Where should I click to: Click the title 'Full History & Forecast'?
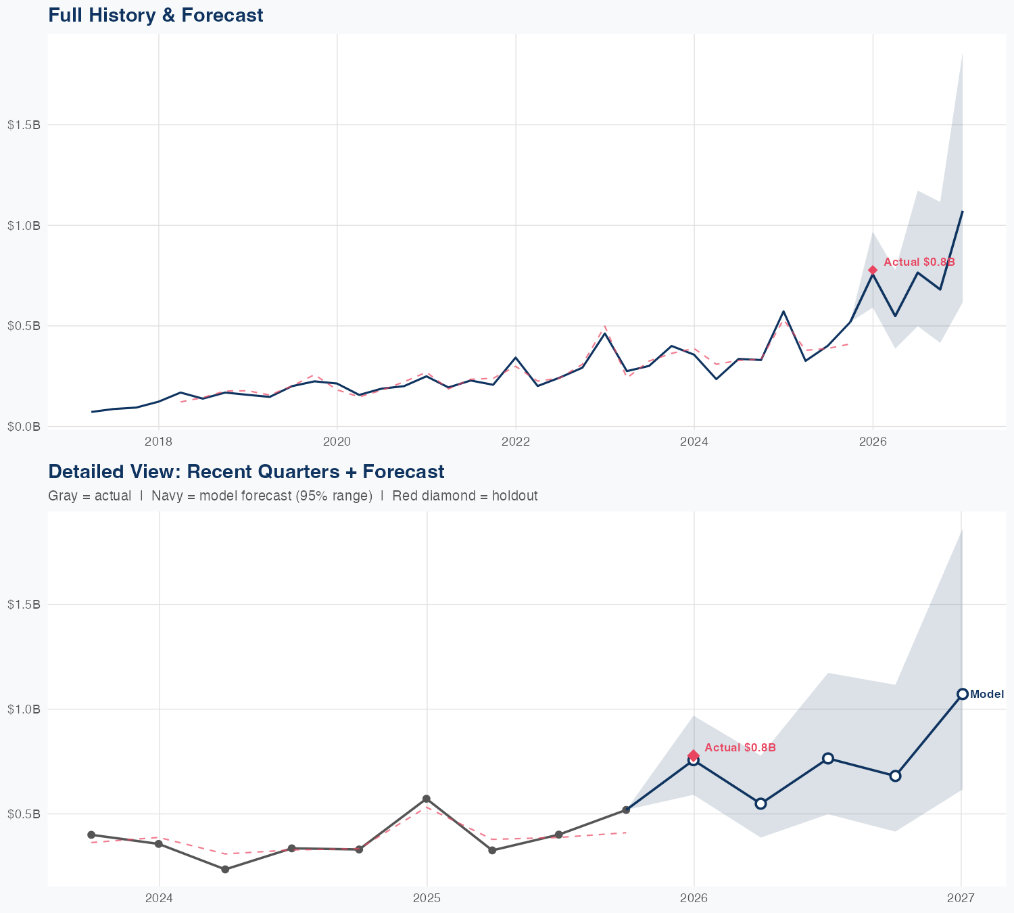155,15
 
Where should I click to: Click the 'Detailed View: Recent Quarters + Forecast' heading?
246,471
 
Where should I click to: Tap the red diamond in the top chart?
873,270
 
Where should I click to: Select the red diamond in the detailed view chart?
694,755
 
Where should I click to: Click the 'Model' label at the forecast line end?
987,694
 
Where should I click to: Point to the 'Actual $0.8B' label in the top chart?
919,262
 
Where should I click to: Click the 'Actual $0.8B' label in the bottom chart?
740,747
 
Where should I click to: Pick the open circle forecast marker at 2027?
962,694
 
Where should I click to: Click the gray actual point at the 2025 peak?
427,799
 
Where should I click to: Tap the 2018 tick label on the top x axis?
158,442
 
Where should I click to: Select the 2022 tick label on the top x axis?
515,442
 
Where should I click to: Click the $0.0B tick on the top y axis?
24,427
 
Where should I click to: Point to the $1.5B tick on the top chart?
24,125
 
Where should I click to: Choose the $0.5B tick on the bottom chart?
24,814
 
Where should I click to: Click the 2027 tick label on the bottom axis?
961,898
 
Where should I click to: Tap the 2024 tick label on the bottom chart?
160,898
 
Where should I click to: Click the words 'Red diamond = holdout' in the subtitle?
464,496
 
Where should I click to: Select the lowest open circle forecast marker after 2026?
760,803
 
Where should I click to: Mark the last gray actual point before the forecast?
626,810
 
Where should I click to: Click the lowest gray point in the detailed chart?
225,869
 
